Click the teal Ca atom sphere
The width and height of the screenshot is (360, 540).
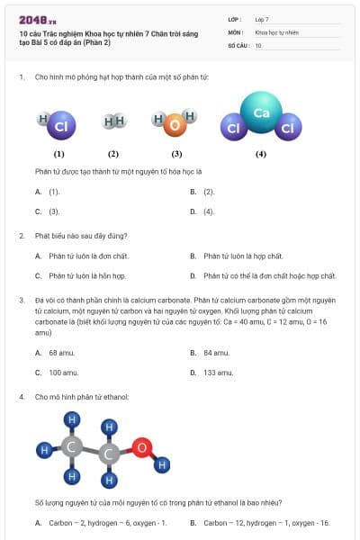click(x=261, y=113)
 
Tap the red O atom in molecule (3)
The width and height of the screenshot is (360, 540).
click(x=172, y=126)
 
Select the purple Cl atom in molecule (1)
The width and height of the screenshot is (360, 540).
click(x=60, y=127)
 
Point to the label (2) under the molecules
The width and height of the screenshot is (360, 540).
click(x=113, y=154)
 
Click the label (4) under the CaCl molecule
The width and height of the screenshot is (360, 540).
click(x=260, y=154)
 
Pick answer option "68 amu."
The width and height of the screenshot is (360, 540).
click(x=61, y=353)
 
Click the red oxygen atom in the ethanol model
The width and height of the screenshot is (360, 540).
click(x=140, y=446)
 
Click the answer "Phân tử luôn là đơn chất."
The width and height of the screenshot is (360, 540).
click(x=88, y=256)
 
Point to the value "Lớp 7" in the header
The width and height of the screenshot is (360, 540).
click(x=262, y=19)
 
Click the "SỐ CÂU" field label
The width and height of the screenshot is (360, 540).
click(x=238, y=44)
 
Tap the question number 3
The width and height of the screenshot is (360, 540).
click(x=21, y=298)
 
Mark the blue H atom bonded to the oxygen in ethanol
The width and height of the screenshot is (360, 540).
click(x=163, y=465)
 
